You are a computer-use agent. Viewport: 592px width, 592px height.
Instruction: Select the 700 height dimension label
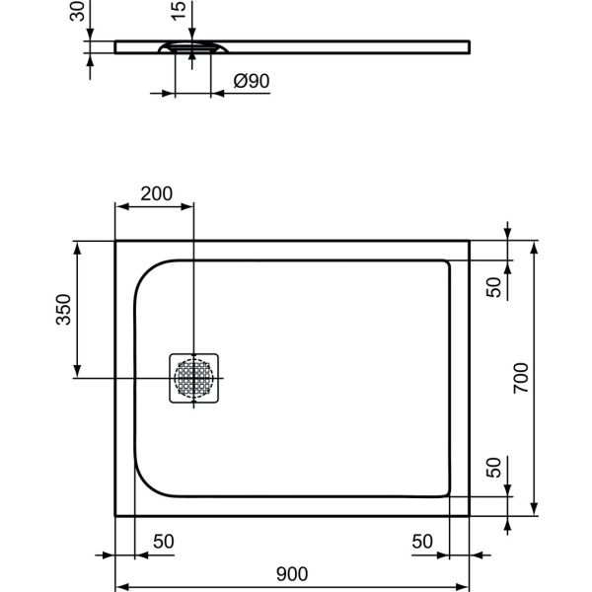click(522, 378)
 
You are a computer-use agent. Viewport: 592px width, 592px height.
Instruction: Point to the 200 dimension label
click(157, 193)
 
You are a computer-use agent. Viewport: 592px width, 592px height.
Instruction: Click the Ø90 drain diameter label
click(253, 81)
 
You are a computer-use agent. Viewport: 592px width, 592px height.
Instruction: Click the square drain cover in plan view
click(195, 379)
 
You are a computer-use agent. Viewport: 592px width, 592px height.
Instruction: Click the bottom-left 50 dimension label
click(163, 541)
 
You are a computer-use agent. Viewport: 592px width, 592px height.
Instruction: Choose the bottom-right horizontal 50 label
click(421, 541)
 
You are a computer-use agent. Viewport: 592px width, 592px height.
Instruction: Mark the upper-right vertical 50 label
click(495, 285)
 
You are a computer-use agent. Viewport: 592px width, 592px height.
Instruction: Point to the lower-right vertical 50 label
click(495, 470)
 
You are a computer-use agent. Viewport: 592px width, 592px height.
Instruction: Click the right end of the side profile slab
click(467, 45)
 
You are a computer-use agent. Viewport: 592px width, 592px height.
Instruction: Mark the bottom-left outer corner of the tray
click(116, 516)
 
